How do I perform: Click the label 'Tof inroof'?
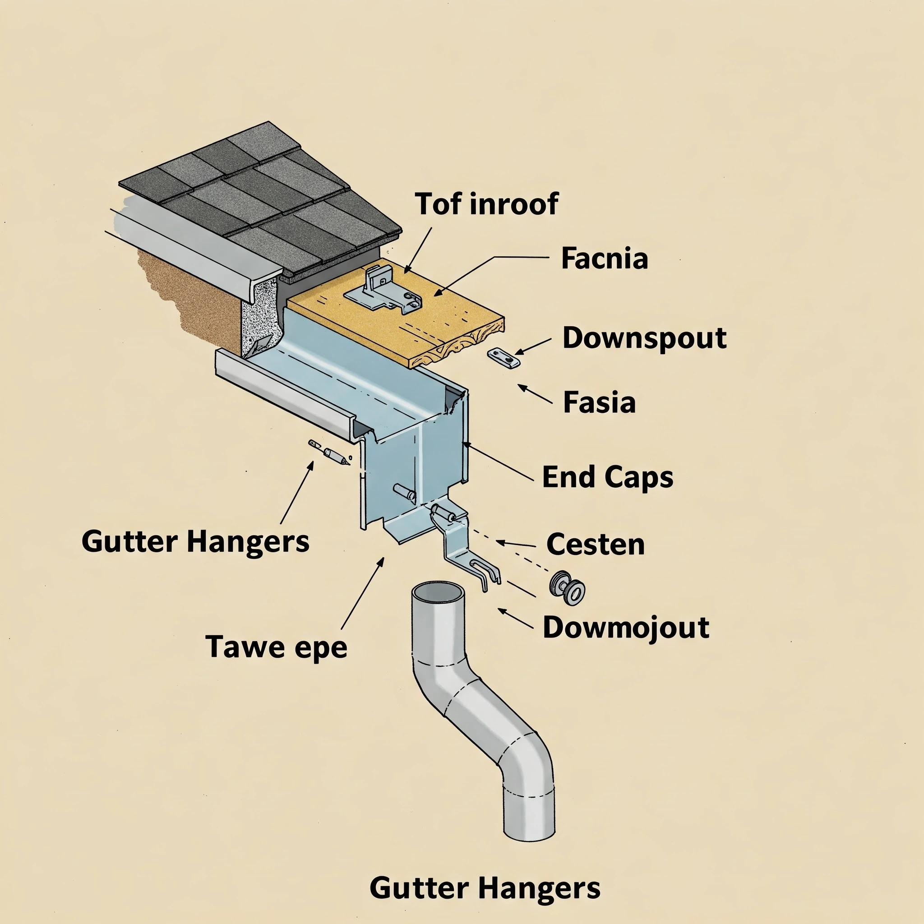(486, 204)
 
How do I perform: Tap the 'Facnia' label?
(604, 259)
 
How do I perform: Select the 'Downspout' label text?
(644, 338)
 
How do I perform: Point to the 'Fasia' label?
(599, 402)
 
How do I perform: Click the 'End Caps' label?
(607, 477)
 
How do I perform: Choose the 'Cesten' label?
(596, 544)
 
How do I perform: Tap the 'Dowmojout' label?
(626, 628)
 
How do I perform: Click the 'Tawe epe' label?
(276, 647)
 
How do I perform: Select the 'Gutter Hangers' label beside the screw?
(195, 542)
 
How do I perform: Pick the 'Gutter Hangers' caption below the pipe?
(485, 888)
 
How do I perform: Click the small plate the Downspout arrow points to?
(504, 358)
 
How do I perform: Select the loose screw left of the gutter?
(329, 453)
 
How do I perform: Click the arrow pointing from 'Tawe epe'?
(363, 592)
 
